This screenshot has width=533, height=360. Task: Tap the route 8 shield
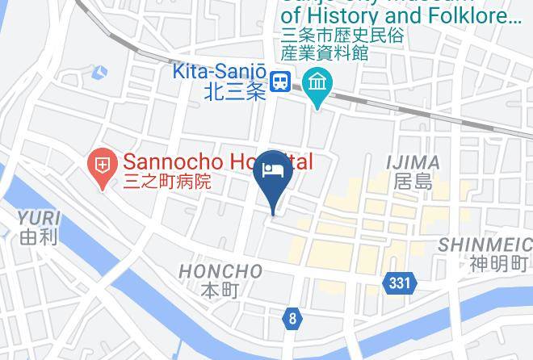point(292,319)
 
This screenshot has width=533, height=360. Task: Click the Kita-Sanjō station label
point(219,73)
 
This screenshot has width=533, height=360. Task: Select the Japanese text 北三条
point(233,93)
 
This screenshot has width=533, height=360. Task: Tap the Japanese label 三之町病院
point(166,182)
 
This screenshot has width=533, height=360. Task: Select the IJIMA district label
point(413,162)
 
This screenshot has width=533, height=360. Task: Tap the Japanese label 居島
point(413,182)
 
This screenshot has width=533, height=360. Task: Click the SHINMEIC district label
point(485,244)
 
